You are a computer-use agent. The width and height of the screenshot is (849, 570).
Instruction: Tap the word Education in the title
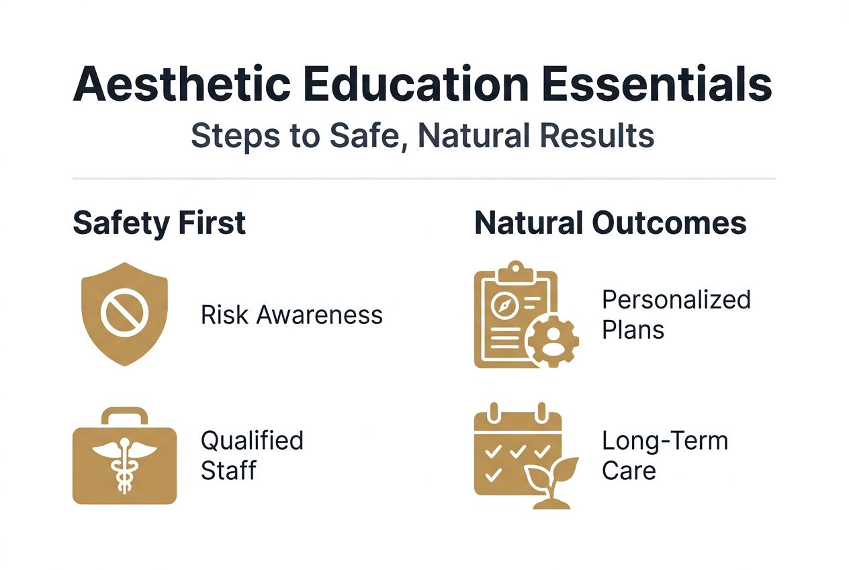[x=423, y=85]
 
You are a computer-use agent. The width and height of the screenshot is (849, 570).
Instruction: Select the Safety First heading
[x=159, y=223]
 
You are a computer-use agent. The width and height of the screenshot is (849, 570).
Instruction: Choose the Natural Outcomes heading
[x=610, y=223]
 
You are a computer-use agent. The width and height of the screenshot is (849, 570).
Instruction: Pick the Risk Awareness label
[x=292, y=315]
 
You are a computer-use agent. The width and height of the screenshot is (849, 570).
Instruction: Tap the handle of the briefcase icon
[x=124, y=415]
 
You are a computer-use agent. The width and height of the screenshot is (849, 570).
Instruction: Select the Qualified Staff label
[x=252, y=455]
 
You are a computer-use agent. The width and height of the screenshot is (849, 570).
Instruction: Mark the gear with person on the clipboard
[x=553, y=341]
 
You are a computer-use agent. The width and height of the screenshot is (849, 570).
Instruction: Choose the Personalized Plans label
[x=676, y=314]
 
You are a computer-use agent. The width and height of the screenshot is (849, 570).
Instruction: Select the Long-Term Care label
[x=664, y=455]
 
